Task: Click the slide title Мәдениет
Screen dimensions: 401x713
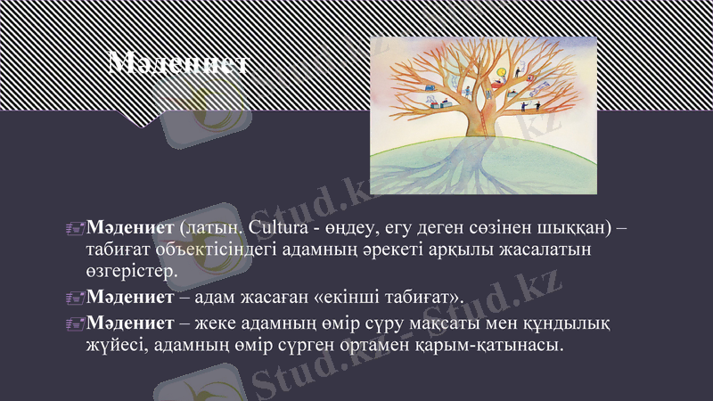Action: pos(179,63)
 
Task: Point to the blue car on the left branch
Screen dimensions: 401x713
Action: pos(429,87)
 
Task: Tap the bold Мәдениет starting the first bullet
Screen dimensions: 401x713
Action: pos(130,228)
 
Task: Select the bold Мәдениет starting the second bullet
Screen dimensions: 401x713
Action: pos(130,296)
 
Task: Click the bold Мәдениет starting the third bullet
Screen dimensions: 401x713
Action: pos(130,321)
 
